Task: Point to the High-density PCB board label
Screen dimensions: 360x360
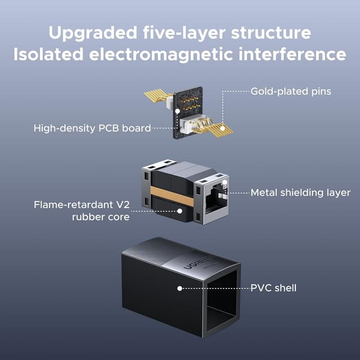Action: [92, 128]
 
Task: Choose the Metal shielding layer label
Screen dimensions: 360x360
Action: [300, 192]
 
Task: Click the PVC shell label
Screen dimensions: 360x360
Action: [273, 288]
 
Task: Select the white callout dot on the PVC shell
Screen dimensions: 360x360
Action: [179, 288]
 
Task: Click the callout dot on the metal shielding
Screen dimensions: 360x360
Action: [225, 183]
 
